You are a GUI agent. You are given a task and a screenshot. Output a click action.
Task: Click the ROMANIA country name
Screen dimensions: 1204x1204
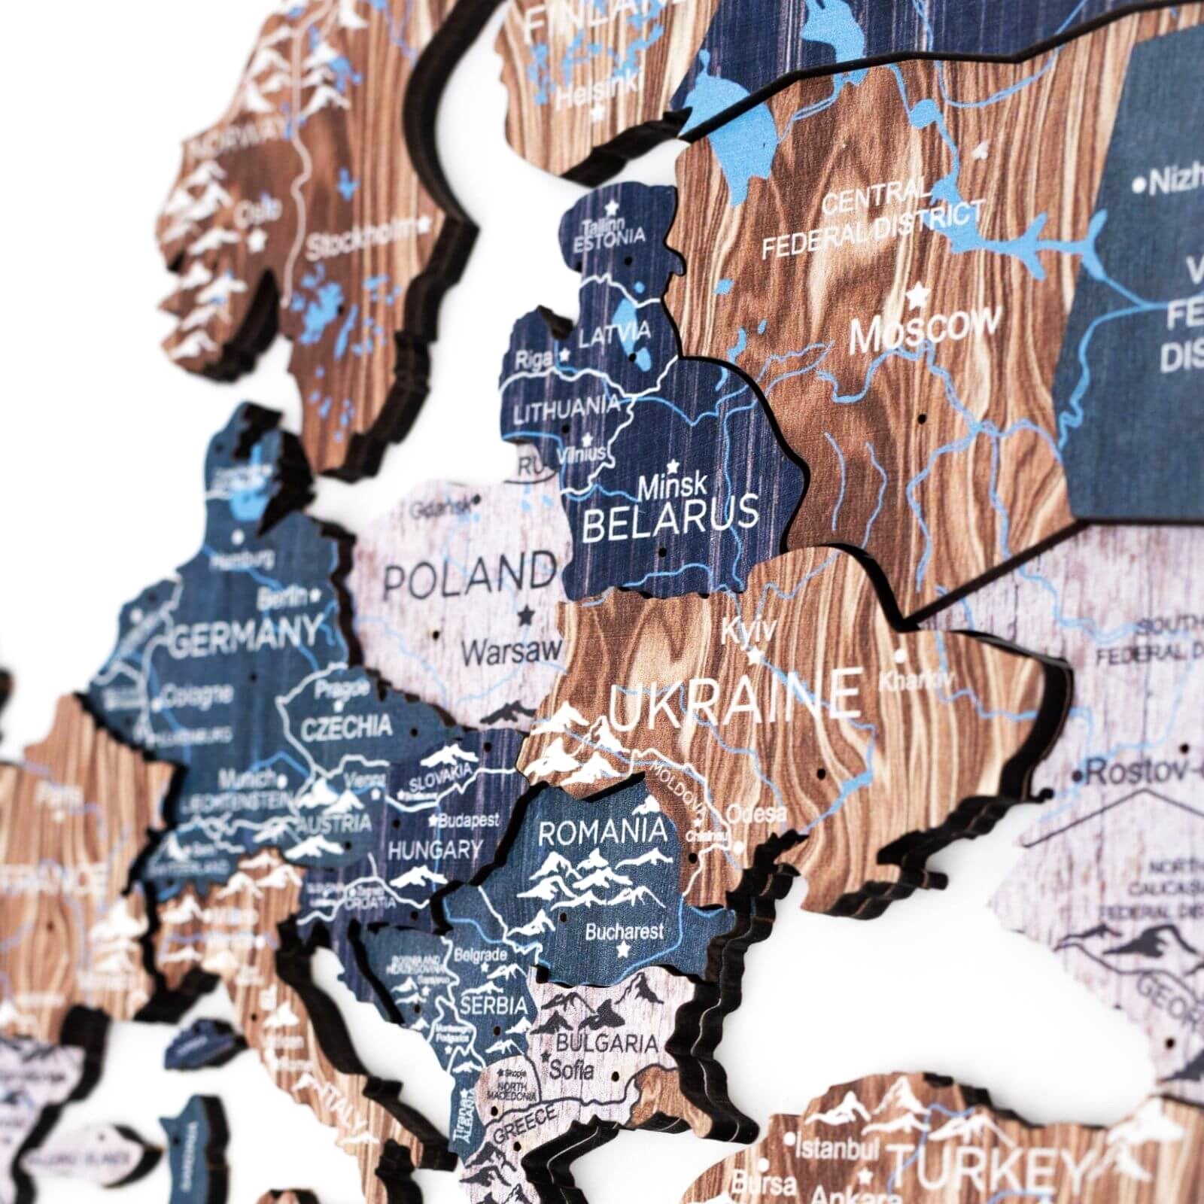(602, 832)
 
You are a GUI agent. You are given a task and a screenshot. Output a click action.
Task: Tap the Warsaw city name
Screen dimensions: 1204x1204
(512, 650)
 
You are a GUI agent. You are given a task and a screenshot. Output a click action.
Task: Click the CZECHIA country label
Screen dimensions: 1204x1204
(346, 727)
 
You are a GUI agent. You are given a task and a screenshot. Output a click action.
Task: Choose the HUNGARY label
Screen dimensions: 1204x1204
(434, 851)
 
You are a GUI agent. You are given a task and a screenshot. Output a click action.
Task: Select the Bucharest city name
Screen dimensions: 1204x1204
(625, 931)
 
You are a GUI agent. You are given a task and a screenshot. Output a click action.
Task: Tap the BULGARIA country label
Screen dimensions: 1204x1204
(607, 1044)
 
